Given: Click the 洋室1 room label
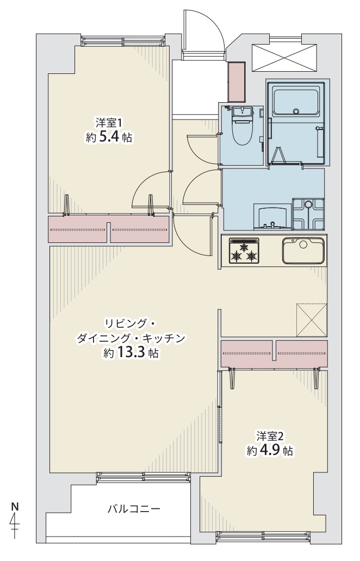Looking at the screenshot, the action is [109, 123].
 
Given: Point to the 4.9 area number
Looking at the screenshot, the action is [270, 450].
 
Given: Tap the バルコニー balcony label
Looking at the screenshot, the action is [134, 508].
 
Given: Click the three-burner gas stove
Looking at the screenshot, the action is [244, 251].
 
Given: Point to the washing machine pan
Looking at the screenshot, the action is [308, 214].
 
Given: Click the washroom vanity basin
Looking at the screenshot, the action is [271, 216].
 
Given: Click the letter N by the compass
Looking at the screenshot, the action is [15, 507].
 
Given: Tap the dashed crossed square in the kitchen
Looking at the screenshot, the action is [312, 320].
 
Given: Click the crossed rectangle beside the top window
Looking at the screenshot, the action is [284, 57].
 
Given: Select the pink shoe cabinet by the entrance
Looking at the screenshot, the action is [237, 82].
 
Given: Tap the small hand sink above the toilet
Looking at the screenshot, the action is [243, 111].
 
